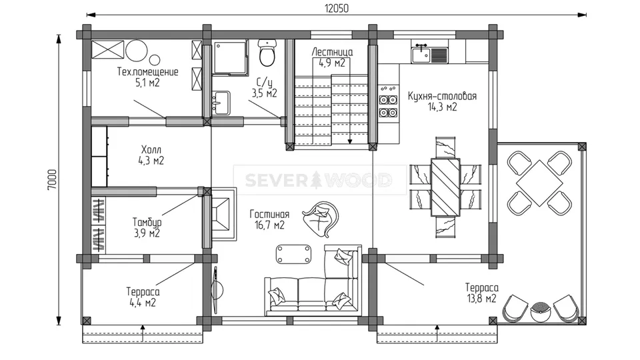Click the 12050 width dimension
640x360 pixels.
[337, 8]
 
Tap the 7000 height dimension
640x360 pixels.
[52, 180]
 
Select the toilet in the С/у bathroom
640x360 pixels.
[267, 53]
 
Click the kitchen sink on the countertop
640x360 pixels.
[421, 55]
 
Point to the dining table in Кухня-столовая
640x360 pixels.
[445, 187]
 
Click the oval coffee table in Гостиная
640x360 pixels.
[293, 254]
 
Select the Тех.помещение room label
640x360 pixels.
[148, 72]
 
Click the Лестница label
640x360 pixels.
[332, 52]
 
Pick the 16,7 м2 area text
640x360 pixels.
[269, 225]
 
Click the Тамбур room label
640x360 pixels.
[147, 223]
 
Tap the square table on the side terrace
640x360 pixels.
[539, 183]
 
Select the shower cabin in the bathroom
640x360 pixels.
[231, 57]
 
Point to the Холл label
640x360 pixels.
[151, 149]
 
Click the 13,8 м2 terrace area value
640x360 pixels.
[481, 299]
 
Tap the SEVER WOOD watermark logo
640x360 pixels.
[319, 180]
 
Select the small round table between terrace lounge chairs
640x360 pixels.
[541, 311]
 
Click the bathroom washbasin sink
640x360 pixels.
[221, 103]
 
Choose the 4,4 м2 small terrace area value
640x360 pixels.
[143, 303]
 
